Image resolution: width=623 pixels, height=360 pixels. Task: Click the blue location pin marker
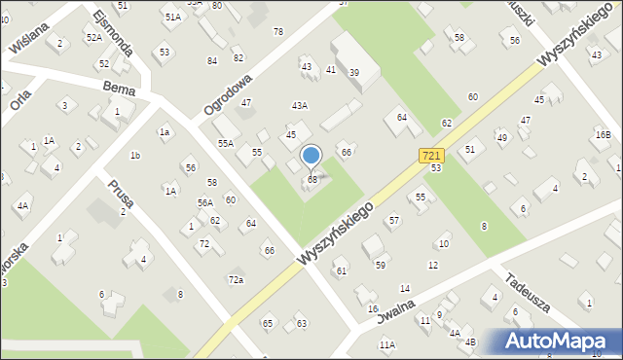click(311, 156)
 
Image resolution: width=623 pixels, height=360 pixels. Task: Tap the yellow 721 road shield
click(433, 156)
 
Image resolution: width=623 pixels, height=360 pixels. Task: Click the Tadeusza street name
click(528, 291)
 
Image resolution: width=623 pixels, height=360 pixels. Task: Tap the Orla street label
click(18, 99)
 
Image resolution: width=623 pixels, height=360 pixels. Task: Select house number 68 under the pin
click(311, 180)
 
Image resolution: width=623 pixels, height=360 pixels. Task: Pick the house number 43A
click(300, 105)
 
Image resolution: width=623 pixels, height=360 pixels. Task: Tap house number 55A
click(225, 143)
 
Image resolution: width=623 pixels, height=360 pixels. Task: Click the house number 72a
click(236, 279)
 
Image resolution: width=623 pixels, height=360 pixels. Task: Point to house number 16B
click(604, 134)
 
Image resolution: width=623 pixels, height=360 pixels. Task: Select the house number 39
click(354, 73)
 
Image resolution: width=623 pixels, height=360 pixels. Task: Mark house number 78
click(278, 32)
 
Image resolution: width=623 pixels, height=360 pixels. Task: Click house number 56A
click(204, 202)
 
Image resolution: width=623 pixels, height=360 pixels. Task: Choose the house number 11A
click(387, 344)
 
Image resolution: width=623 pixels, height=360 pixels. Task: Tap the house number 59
click(381, 265)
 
